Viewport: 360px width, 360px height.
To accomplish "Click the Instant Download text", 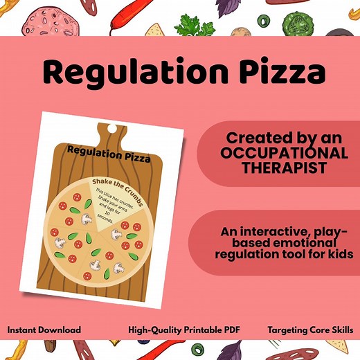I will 44,330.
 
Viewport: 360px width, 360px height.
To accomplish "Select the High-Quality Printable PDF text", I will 183,330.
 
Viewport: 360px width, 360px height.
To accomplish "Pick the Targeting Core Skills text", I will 309,330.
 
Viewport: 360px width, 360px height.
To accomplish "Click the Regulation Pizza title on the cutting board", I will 109,153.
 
